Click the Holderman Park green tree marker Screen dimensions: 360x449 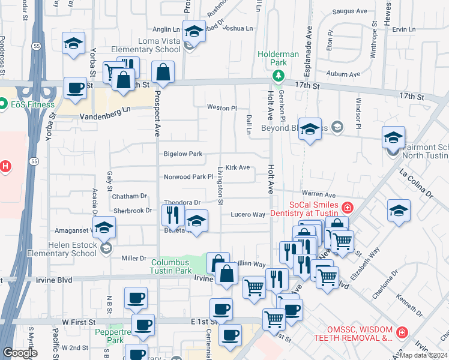[277, 75]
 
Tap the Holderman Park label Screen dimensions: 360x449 [278, 54]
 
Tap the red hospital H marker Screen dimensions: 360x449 [5, 166]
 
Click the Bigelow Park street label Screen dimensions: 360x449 [183, 154]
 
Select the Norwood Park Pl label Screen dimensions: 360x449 [188, 177]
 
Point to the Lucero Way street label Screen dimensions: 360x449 [248, 214]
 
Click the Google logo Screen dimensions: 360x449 [19, 353]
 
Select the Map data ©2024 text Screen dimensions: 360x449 [424, 355]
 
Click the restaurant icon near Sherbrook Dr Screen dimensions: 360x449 [173, 214]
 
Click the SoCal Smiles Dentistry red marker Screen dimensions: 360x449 [346, 208]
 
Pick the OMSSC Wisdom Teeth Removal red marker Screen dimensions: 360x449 [402, 332]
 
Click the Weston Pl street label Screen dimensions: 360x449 [222, 108]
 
